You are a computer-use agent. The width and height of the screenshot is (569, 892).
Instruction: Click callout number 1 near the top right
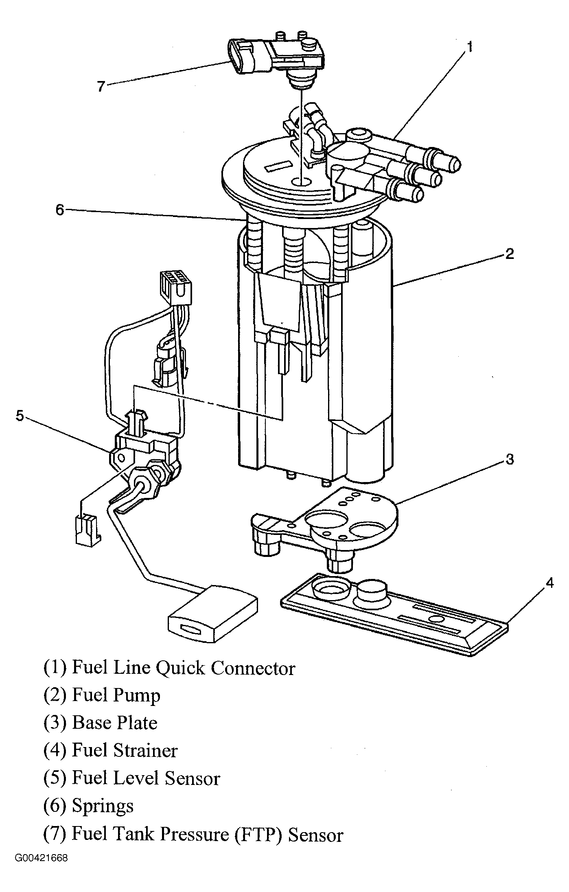pyautogui.click(x=469, y=47)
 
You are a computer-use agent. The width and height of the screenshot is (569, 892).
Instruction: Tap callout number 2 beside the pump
pyautogui.click(x=510, y=254)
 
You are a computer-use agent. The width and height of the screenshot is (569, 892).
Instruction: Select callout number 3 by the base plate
pyautogui.click(x=510, y=459)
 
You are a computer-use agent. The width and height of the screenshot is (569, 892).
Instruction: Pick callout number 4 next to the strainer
pyautogui.click(x=549, y=583)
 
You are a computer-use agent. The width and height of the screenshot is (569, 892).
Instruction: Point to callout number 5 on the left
pyautogui.click(x=20, y=416)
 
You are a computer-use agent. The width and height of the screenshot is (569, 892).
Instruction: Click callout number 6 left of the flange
pyautogui.click(x=60, y=210)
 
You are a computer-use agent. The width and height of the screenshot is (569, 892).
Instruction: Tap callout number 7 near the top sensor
pyautogui.click(x=101, y=86)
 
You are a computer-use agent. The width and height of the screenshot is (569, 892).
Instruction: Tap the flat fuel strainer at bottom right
pyautogui.click(x=394, y=607)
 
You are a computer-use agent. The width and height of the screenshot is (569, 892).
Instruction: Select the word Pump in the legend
pyautogui.click(x=137, y=696)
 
